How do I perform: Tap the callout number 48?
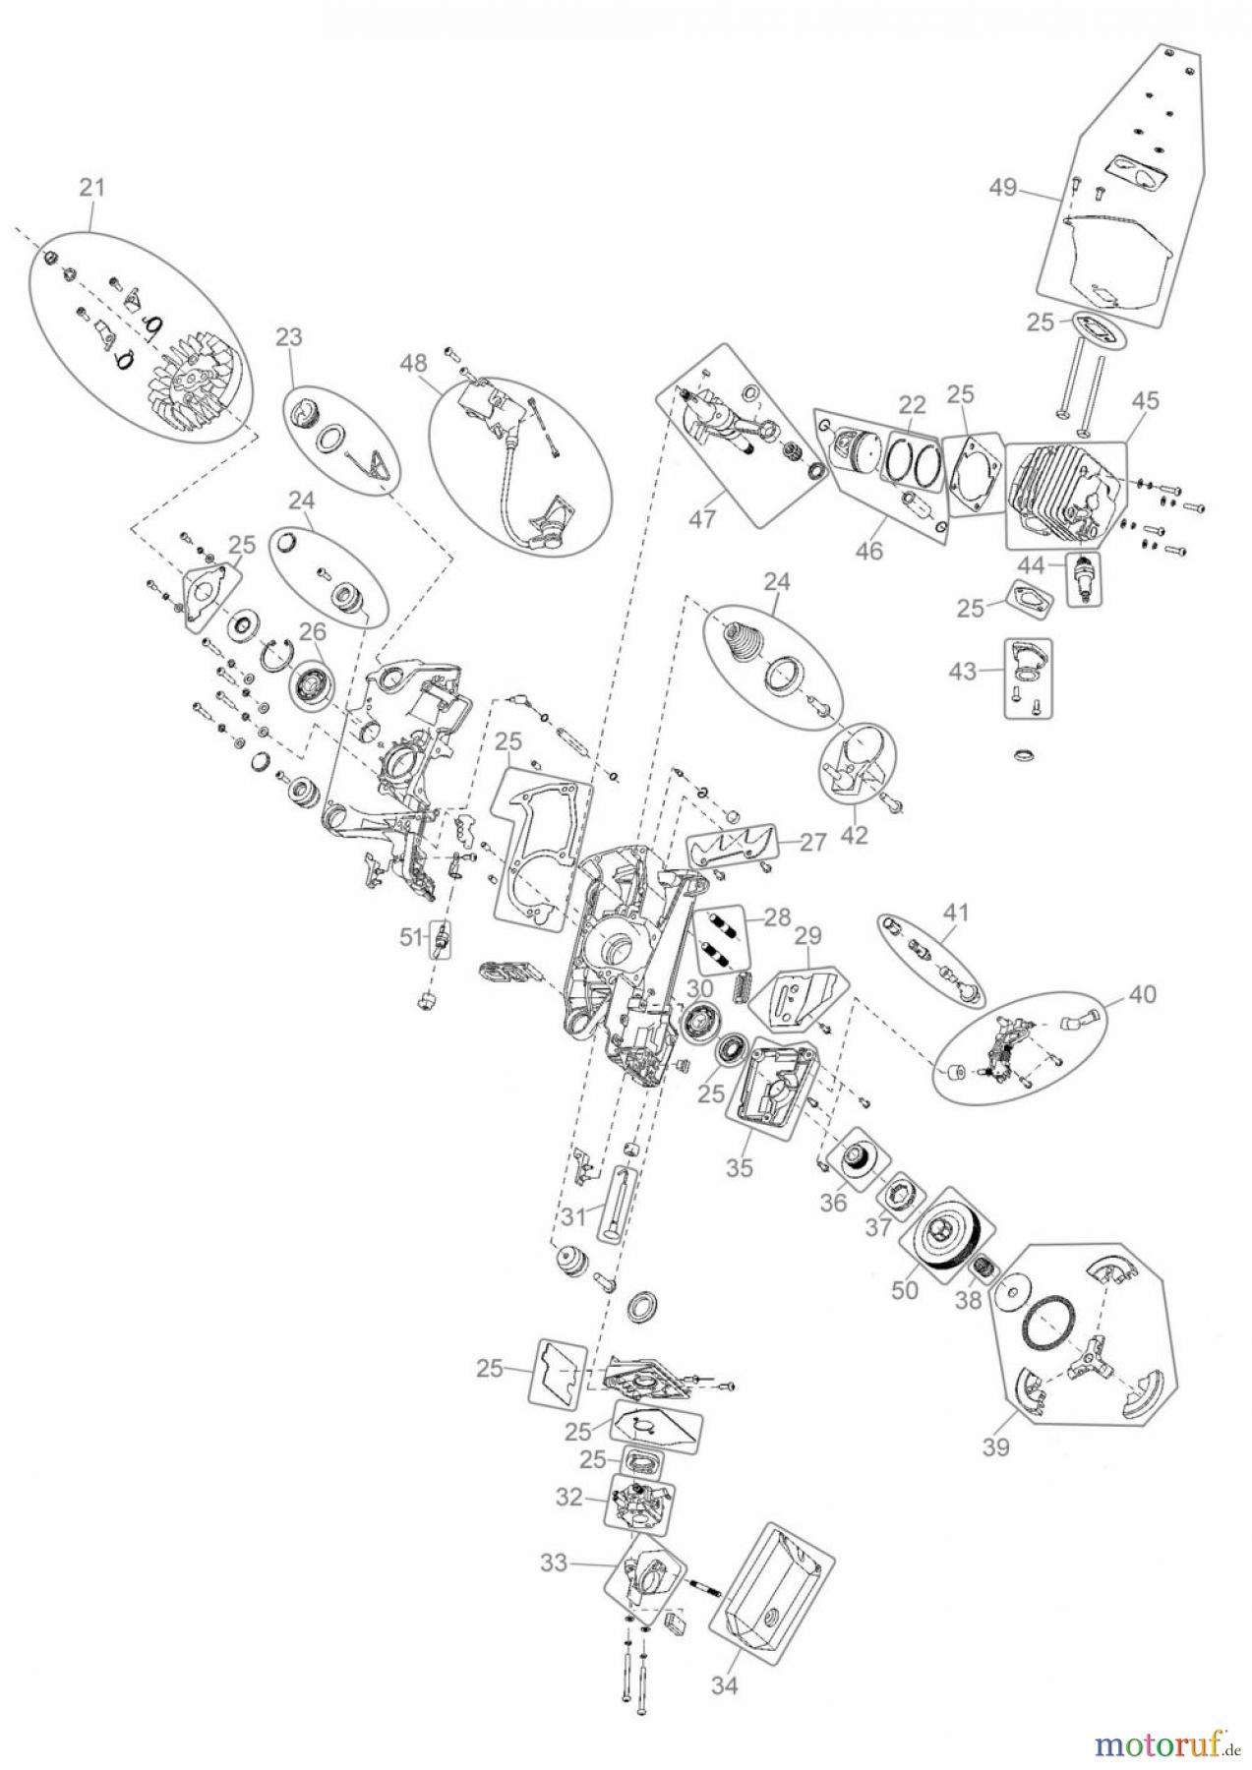click(414, 363)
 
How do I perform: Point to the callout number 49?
click(1003, 188)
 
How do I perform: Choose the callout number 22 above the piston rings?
click(912, 404)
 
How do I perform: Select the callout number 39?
click(996, 1447)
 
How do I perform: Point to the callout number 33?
click(555, 1562)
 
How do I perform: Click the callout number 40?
click(1143, 994)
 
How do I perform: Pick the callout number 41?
click(957, 913)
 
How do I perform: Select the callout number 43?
click(962, 672)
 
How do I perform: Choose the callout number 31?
click(575, 1216)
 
